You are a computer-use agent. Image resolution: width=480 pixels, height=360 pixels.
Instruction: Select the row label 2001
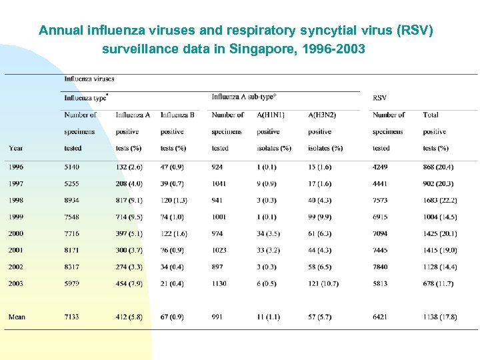[15, 250]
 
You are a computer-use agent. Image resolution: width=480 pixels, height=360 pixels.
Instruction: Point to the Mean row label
[17, 317]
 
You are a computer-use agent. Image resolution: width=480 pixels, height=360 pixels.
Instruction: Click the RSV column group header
[379, 98]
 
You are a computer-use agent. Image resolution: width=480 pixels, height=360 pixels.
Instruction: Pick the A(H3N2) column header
[322, 115]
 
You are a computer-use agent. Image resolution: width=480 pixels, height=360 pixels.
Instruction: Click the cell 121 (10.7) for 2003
[323, 283]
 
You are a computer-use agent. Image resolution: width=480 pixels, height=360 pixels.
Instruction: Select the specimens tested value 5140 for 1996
[72, 167]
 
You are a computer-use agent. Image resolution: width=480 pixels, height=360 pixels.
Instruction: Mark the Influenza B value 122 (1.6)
[174, 233]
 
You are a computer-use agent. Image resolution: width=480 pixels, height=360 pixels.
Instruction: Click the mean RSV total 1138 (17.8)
[439, 317]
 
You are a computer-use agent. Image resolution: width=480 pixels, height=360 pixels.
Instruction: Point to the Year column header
[16, 148]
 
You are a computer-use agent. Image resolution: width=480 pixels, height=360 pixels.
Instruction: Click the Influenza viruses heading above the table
[89, 79]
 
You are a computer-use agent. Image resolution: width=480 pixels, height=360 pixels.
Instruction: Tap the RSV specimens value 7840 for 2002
[380, 267]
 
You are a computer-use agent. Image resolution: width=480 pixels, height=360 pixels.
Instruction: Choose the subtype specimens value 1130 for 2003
[219, 283]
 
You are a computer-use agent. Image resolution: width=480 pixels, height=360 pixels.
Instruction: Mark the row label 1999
[15, 217]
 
